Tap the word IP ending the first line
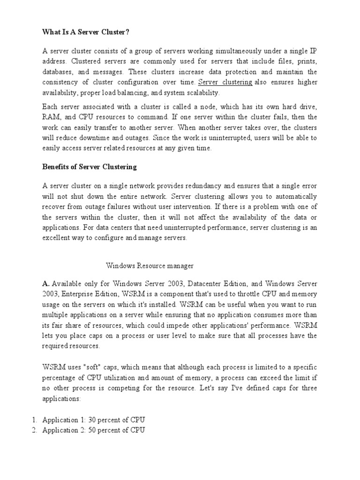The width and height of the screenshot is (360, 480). (313, 51)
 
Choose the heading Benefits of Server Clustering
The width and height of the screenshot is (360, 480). (89, 166)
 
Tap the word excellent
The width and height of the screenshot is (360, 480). (57, 238)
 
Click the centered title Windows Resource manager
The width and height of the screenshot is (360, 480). (150, 266)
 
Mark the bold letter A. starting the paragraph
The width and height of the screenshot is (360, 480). (46, 284)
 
